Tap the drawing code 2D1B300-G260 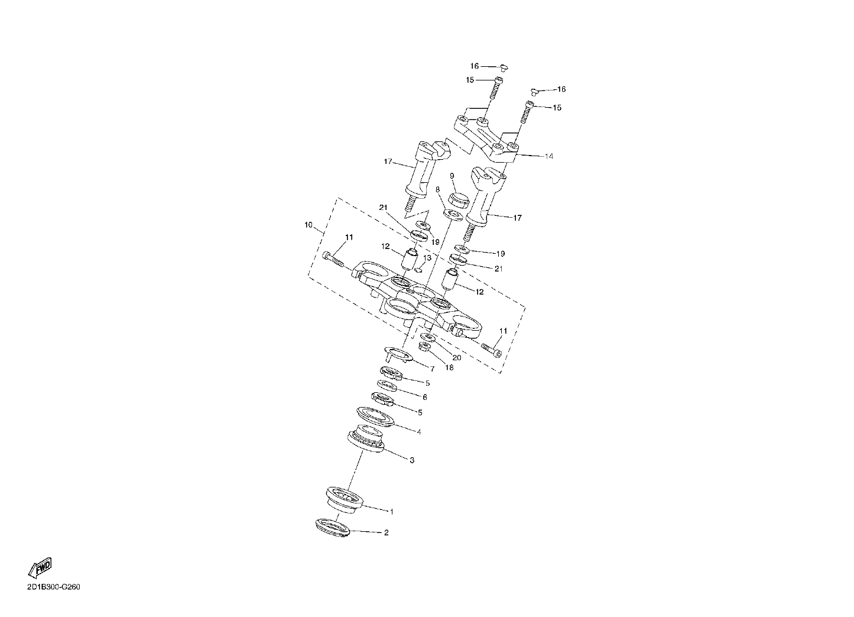pyautogui.click(x=54, y=587)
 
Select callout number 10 pyautogui.click(x=309, y=225)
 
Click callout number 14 pyautogui.click(x=549, y=156)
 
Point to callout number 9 pyautogui.click(x=452, y=176)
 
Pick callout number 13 pyautogui.click(x=427, y=258)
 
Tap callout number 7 pyautogui.click(x=433, y=369)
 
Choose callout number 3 pyautogui.click(x=412, y=461)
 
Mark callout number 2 pyautogui.click(x=386, y=532)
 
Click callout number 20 pyautogui.click(x=457, y=357)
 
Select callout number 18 pyautogui.click(x=450, y=367)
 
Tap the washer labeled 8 pyautogui.click(x=454, y=215)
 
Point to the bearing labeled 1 pyautogui.click(x=343, y=500)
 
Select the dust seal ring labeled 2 pyautogui.click(x=333, y=528)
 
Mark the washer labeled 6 pyautogui.click(x=387, y=386)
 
